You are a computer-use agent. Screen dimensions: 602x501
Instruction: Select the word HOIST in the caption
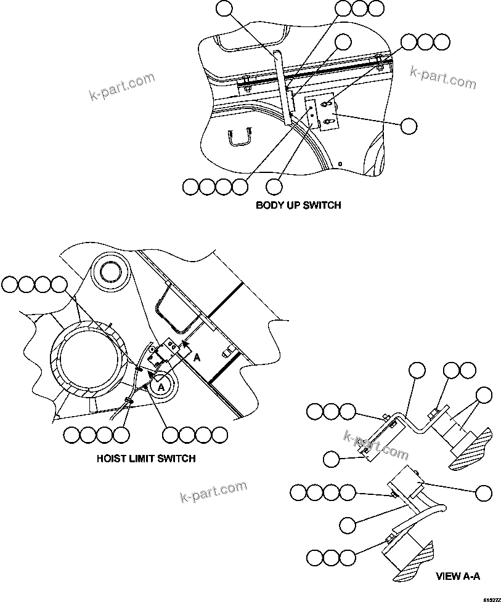click(x=112, y=458)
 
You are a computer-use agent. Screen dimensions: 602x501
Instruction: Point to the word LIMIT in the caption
click(x=141, y=458)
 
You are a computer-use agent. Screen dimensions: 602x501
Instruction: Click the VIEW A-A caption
click(x=457, y=576)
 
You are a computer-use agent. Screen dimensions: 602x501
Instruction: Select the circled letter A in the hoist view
click(x=161, y=386)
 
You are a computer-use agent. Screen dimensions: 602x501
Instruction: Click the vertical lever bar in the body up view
click(x=283, y=86)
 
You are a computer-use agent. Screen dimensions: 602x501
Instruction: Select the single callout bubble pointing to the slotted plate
click(x=409, y=126)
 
